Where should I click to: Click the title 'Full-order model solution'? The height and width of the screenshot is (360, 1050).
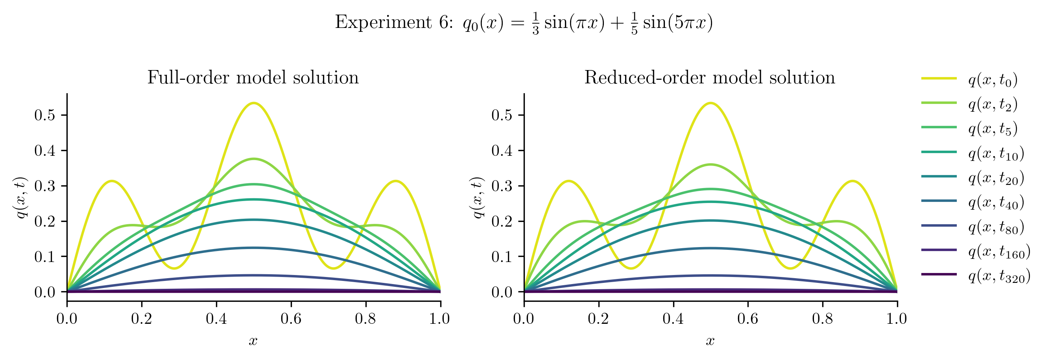tap(253, 78)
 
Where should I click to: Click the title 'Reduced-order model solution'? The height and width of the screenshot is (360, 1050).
tap(710, 78)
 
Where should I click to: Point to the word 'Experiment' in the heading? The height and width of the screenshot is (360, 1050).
tap(383, 22)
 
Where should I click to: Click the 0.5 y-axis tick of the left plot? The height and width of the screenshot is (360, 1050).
tap(45, 115)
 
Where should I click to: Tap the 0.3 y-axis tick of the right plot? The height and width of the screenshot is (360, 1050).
tap(502, 186)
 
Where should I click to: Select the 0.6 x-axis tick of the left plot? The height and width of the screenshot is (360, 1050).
tap(291, 318)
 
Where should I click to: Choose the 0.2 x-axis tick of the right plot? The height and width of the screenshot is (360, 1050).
tap(598, 318)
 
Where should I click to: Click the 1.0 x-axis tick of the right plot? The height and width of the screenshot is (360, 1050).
tap(897, 318)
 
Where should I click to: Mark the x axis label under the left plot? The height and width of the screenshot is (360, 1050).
tap(253, 341)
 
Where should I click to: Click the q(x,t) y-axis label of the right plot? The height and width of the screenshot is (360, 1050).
tap(478, 198)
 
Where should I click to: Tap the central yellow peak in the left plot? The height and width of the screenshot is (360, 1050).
tap(253, 103)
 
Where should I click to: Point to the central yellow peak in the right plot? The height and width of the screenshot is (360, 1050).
tap(710, 103)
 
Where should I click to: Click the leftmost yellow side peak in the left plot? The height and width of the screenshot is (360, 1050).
tap(112, 181)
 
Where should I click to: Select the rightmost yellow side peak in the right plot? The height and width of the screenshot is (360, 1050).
tap(852, 181)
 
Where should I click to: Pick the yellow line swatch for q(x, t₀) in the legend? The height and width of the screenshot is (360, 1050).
tap(939, 78)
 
